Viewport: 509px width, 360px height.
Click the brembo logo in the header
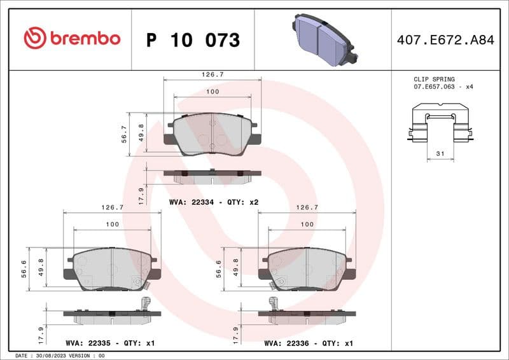72,39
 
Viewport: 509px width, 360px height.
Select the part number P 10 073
193,40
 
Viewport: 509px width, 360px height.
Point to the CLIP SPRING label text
434,80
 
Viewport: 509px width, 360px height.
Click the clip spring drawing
440,127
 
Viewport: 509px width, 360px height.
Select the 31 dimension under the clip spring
440,153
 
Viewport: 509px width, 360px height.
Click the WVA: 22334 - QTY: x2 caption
213,202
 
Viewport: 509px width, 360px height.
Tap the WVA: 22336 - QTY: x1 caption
309,343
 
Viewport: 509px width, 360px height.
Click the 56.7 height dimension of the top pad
125,134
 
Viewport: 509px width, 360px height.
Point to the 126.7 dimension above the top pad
213,74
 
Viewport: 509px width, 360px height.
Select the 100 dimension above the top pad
213,92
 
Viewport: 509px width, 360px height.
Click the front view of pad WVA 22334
211,134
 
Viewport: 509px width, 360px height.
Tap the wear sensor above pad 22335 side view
146,303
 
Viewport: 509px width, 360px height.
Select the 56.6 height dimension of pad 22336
218,269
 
